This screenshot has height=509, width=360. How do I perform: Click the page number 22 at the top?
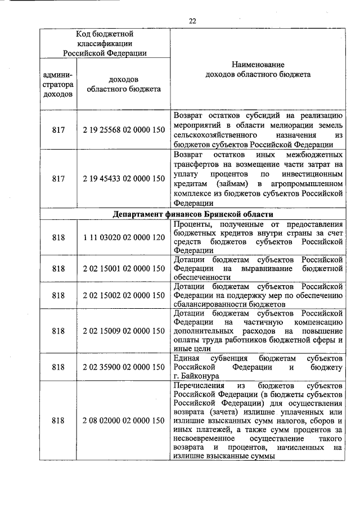tap(192, 21)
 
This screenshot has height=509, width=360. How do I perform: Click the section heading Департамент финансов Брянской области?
tap(193, 214)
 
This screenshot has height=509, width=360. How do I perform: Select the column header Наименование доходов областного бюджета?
tap(258, 70)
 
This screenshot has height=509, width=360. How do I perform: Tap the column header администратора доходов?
tap(58, 84)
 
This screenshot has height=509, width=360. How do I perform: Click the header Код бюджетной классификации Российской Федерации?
tap(105, 44)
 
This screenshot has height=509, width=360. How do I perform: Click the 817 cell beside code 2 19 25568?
tap(58, 129)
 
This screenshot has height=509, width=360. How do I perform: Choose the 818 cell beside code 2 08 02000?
tap(58, 421)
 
